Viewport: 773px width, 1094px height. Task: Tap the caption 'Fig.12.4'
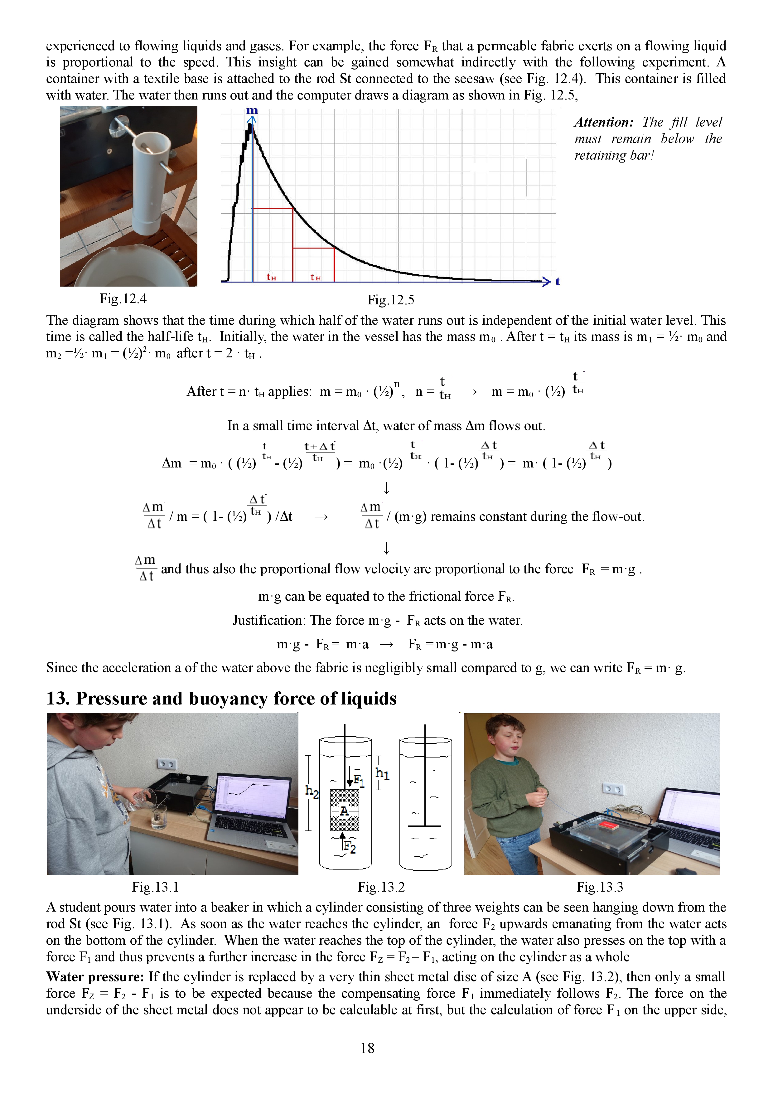pyautogui.click(x=123, y=299)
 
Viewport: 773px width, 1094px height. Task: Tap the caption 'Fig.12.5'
pyautogui.click(x=390, y=300)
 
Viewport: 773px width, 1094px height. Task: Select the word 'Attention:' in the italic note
pyautogui.click(x=603, y=123)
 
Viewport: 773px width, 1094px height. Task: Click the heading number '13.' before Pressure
pyautogui.click(x=58, y=699)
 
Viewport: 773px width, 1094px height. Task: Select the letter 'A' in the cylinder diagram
pyautogui.click(x=344, y=811)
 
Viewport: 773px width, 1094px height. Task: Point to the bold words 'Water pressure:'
pyautogui.click(x=95, y=977)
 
